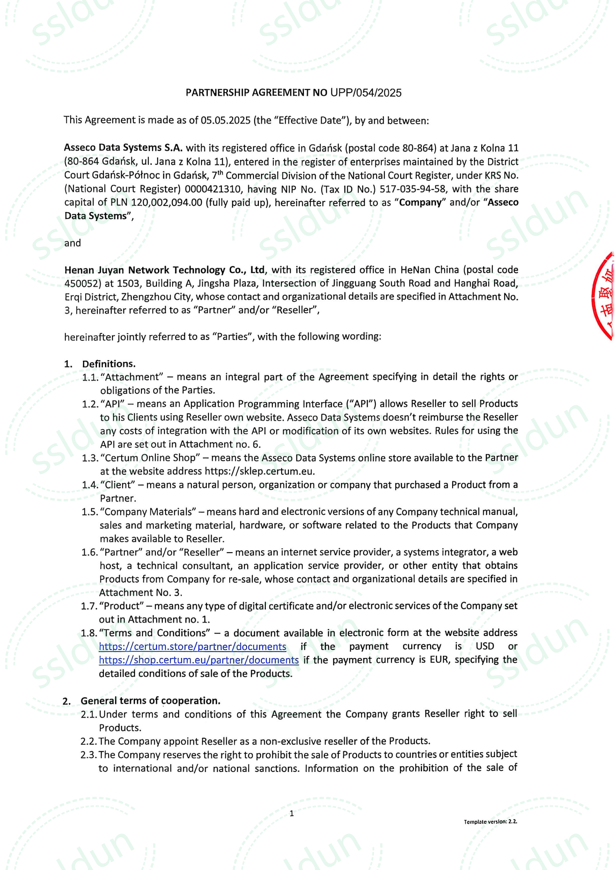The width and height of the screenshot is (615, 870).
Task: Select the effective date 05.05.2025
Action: point(226,120)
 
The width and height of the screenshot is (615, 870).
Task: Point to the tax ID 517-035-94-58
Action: point(412,189)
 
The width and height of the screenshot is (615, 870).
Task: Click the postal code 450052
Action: point(80,284)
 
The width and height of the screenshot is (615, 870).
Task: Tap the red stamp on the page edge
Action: point(605,296)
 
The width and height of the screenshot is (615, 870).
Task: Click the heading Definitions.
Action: point(109,364)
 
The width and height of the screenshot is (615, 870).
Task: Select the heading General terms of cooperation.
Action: point(150,701)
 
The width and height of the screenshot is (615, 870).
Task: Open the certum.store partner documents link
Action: point(193,647)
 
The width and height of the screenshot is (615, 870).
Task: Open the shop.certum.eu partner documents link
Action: point(199,660)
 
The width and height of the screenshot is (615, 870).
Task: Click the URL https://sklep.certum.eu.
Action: point(259,471)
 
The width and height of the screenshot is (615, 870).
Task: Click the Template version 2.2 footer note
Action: point(490,822)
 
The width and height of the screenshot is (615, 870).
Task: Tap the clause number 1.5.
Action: point(89,512)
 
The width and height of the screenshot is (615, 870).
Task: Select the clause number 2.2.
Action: point(88,741)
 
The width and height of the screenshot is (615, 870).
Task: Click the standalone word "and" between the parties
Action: point(72,243)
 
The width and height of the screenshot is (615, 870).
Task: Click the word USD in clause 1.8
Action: point(485,646)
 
